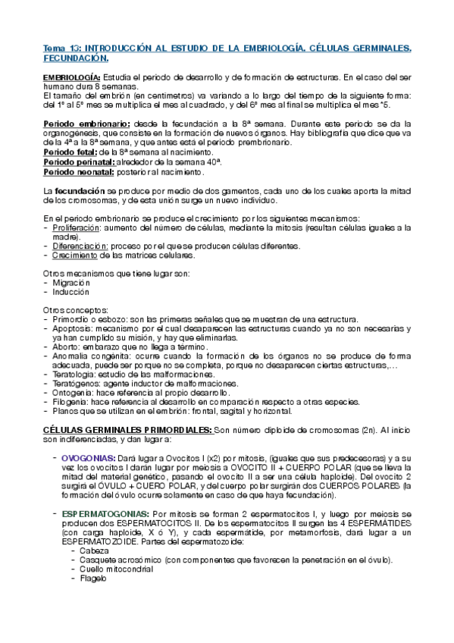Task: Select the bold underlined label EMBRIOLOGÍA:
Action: [72, 78]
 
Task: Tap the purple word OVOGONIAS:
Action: [88, 458]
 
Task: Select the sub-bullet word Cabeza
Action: [95, 550]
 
